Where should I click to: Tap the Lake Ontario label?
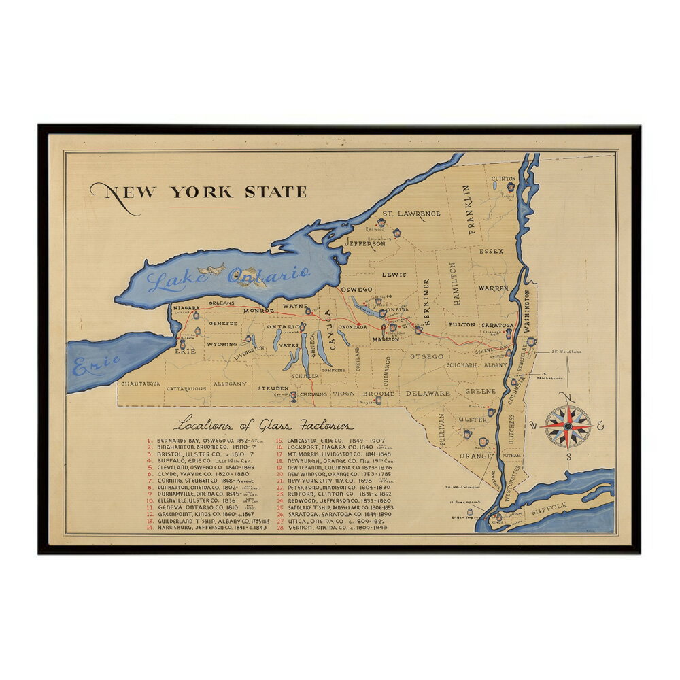coord(229,277)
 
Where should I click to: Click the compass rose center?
coord(567,426)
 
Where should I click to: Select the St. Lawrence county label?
coord(410,214)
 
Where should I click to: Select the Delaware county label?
coord(428,393)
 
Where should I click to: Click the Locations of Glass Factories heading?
coord(263,426)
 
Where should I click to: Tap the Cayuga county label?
coord(326,328)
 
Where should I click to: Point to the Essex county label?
coord(491,251)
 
